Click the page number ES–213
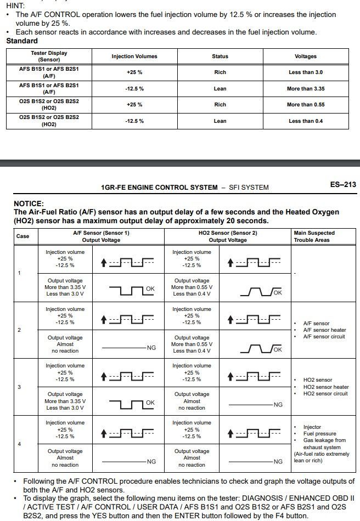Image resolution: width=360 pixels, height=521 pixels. [x=343, y=184]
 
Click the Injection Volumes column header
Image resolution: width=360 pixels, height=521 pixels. [x=134, y=56]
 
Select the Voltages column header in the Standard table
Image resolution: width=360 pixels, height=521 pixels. [x=306, y=56]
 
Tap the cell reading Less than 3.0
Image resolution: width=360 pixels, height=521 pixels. [x=306, y=72]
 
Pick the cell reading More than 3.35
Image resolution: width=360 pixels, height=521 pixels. [x=306, y=88]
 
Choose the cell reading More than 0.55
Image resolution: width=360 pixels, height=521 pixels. [x=306, y=104]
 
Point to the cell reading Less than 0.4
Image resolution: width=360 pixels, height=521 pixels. [x=306, y=121]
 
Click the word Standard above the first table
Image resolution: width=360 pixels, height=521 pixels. [x=22, y=41]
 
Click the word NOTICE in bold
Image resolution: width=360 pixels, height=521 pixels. [x=29, y=203]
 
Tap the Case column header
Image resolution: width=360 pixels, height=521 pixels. [x=23, y=236]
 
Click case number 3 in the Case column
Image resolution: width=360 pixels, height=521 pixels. [x=20, y=387]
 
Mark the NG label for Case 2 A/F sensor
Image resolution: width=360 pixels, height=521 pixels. [x=151, y=348]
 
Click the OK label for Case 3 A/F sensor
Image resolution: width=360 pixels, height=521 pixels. [x=150, y=403]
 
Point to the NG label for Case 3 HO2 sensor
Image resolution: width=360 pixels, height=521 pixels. [x=278, y=405]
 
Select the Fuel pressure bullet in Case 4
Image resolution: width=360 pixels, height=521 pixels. [x=321, y=433]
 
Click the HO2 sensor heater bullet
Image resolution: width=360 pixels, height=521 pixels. [x=325, y=387]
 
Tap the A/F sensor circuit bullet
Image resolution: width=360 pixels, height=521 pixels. [x=324, y=337]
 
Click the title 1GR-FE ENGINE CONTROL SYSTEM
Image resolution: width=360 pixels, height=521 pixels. [x=159, y=188]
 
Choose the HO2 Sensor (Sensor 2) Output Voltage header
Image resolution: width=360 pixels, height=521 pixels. [x=228, y=236]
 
